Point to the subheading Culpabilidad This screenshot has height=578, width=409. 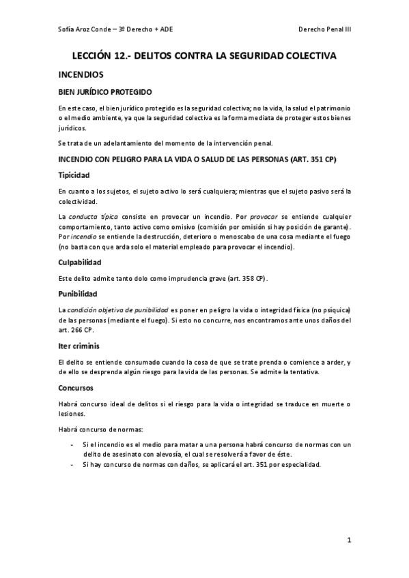click(x=80, y=262)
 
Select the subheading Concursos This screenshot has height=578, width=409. click(x=76, y=387)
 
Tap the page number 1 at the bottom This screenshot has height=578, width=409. click(x=348, y=542)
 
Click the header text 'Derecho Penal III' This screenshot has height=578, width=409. click(x=324, y=31)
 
